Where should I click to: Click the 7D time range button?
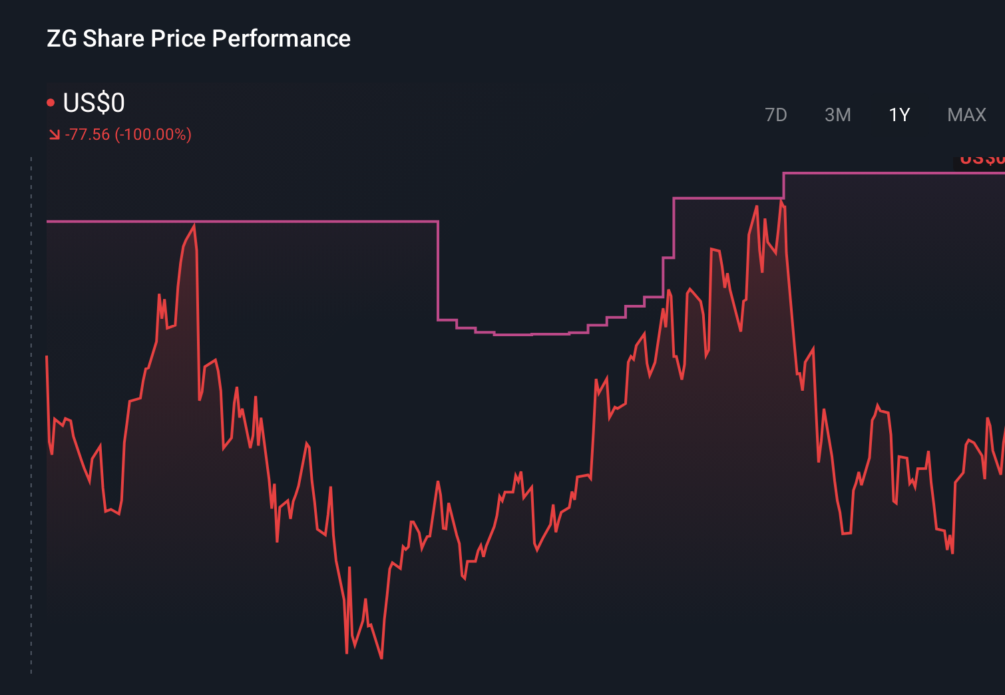(x=775, y=115)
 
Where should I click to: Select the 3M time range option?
(x=837, y=115)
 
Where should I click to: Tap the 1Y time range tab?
(x=899, y=115)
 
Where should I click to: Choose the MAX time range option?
(x=966, y=115)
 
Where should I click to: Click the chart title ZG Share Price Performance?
(x=198, y=39)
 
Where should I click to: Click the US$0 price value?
(x=94, y=103)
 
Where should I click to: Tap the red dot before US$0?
(x=51, y=103)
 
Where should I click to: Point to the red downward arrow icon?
(x=54, y=135)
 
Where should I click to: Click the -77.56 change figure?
(x=87, y=134)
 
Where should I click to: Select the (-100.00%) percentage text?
(x=153, y=134)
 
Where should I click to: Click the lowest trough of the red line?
(x=381, y=658)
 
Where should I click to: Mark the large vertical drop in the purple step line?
(x=438, y=270)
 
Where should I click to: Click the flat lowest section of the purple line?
(x=512, y=334)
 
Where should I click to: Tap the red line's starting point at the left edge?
(x=47, y=357)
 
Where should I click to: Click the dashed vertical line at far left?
(x=31, y=413)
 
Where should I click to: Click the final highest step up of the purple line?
(x=783, y=184)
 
